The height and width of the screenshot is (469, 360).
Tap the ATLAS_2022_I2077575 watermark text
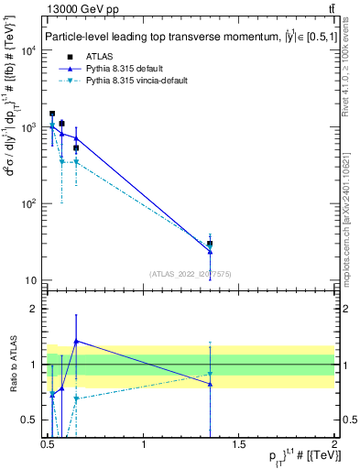coord(189,273)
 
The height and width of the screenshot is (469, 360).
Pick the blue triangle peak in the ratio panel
coord(76,341)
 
